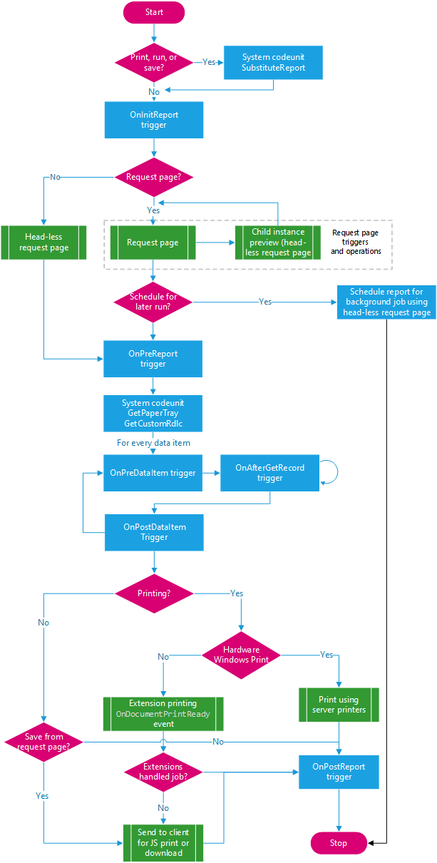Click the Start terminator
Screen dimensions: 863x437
pyautogui.click(x=154, y=12)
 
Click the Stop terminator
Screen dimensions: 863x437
pyautogui.click(x=339, y=842)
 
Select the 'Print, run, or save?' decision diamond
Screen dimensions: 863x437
pyautogui.click(x=154, y=62)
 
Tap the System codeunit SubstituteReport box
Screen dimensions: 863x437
pyautogui.click(x=273, y=62)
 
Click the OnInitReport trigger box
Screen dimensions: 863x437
pyautogui.click(x=154, y=120)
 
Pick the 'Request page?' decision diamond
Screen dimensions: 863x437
pyautogui.click(x=154, y=177)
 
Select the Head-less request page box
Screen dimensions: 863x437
pyautogui.click(x=43, y=242)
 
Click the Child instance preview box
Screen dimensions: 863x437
pyautogui.click(x=278, y=242)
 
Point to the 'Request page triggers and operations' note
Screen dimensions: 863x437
pyautogui.click(x=356, y=242)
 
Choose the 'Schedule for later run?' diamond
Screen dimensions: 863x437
pyautogui.click(x=154, y=302)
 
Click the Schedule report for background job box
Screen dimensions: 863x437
pyautogui.click(x=386, y=302)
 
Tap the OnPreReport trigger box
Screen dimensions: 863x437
pyautogui.click(x=153, y=359)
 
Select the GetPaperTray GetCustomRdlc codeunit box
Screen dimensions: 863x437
pyautogui.click(x=153, y=414)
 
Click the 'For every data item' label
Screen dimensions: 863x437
pyautogui.click(x=153, y=443)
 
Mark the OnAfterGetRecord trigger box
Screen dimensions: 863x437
pyautogui.click(x=270, y=473)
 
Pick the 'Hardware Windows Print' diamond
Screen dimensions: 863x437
pyautogui.click(x=241, y=655)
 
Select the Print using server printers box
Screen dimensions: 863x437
pyautogui.click(x=339, y=705)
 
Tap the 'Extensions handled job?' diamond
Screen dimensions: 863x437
pyautogui.click(x=163, y=772)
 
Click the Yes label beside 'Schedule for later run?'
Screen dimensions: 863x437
pyautogui.click(x=265, y=302)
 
